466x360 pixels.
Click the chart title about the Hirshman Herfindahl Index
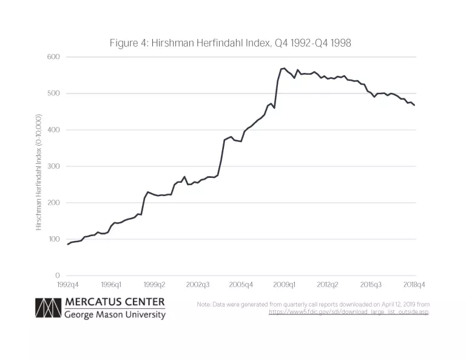tap(231, 43)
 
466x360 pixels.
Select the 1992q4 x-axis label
tap(67, 284)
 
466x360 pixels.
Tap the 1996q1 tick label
tap(111, 284)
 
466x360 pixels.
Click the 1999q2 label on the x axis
tap(154, 284)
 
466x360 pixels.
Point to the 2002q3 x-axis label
tap(198, 284)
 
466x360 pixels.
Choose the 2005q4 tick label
tap(241, 284)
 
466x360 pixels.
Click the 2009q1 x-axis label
tap(285, 284)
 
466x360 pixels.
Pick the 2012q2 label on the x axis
tap(328, 284)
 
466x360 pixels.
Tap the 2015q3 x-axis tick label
tap(371, 284)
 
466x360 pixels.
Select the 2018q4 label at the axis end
tap(414, 284)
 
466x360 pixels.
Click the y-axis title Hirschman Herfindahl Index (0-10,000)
tap(39, 172)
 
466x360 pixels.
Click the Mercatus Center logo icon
tap(48, 308)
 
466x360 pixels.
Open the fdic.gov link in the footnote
tap(348, 312)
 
